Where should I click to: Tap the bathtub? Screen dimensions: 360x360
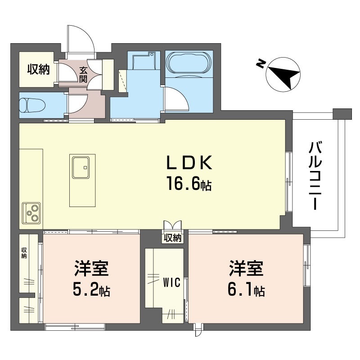tap(189, 63)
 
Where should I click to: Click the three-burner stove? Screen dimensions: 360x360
tap(31, 213)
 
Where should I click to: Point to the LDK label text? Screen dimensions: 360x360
tap(189, 162)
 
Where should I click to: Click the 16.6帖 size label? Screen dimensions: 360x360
tap(189, 184)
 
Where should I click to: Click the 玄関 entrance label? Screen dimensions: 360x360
tap(83, 75)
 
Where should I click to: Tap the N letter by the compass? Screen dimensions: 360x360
tap(260, 64)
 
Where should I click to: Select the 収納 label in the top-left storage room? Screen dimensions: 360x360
tap(38, 70)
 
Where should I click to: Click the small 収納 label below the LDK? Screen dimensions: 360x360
tap(173, 238)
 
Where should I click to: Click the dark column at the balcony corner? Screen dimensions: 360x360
tap(342, 114)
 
